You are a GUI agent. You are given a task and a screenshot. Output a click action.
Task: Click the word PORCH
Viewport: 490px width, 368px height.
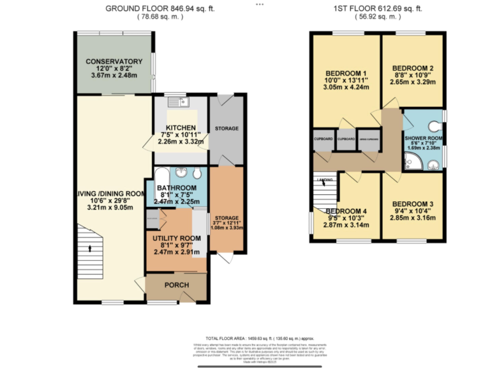(x=177, y=285)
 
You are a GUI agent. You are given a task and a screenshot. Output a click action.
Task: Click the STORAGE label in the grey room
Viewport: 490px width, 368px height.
(x=226, y=128)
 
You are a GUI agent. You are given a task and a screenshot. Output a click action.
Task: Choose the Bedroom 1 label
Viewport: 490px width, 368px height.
(x=345, y=73)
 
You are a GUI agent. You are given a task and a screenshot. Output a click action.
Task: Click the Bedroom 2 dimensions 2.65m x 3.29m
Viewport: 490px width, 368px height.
(x=413, y=82)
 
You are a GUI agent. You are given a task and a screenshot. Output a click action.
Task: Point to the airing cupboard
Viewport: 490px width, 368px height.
(x=369, y=139)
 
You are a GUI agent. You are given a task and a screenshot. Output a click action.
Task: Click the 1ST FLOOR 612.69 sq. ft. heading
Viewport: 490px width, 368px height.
(x=378, y=8)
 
